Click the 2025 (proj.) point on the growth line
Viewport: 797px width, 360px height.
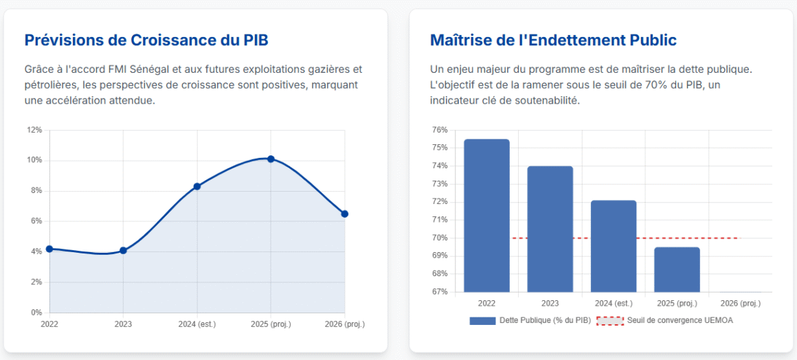click(x=271, y=159)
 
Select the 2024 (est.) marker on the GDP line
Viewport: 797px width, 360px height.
click(x=197, y=186)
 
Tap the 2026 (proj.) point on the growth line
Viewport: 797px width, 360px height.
click(x=345, y=214)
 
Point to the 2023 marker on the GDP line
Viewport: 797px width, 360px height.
click(x=123, y=250)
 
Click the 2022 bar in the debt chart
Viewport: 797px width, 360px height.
click(x=486, y=216)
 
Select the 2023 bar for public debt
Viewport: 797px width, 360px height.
click(x=550, y=229)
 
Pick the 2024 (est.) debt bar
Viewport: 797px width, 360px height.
click(x=614, y=246)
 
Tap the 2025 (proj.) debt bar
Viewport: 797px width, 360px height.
click(x=677, y=269)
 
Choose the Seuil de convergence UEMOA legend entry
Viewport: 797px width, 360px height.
click(x=665, y=320)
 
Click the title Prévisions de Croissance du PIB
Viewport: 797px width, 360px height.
click(x=146, y=40)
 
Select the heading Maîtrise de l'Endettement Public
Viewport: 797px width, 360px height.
click(x=553, y=40)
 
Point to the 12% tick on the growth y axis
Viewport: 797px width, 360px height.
click(x=34, y=130)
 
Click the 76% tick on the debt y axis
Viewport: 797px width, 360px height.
click(x=440, y=130)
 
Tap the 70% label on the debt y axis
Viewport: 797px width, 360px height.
click(x=440, y=238)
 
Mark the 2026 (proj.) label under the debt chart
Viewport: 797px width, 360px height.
click(x=740, y=303)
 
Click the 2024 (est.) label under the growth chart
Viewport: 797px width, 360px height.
click(x=197, y=324)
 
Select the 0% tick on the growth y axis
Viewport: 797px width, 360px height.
click(x=36, y=313)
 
